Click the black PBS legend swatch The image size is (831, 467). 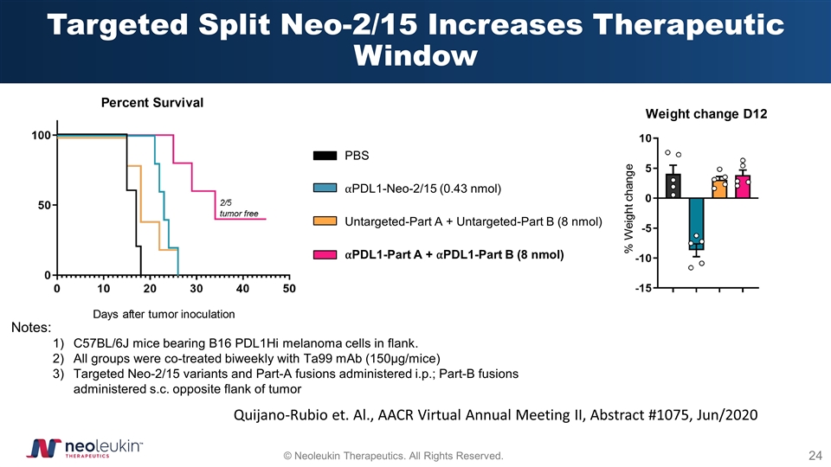click(325, 156)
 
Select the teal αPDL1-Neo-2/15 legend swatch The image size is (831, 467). click(325, 189)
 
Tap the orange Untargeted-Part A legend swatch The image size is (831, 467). click(325, 222)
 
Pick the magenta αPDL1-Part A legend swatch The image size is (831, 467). click(325, 255)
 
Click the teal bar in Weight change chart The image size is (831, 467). click(696, 223)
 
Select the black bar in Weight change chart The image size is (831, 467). click(673, 186)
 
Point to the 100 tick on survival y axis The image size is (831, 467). click(40, 136)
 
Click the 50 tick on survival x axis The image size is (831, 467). click(289, 287)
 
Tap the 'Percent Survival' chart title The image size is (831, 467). click(152, 103)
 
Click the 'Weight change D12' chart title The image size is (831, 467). click(708, 114)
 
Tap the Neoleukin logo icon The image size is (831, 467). click(41, 449)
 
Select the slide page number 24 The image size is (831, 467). click(814, 455)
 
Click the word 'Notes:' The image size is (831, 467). click(30, 328)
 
